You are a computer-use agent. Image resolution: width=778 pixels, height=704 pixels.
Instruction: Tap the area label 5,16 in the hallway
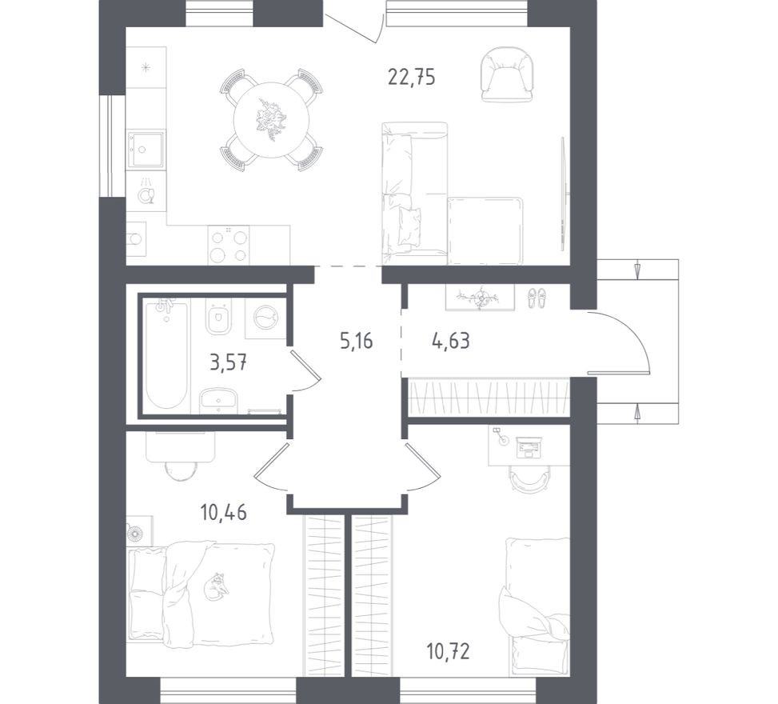(x=357, y=342)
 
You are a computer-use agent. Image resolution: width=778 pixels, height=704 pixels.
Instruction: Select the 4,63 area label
(x=450, y=342)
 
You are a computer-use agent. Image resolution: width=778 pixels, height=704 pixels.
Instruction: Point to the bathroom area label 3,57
(x=228, y=363)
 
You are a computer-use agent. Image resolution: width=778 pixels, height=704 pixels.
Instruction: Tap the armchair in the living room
(x=507, y=74)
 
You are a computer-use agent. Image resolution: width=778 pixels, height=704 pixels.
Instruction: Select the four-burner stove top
(x=229, y=245)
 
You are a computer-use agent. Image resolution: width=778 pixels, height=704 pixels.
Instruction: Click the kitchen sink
(x=146, y=150)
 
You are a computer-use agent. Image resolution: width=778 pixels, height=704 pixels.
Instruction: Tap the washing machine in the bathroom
(x=264, y=319)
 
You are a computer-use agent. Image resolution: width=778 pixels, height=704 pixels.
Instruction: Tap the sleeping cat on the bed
(x=217, y=586)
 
